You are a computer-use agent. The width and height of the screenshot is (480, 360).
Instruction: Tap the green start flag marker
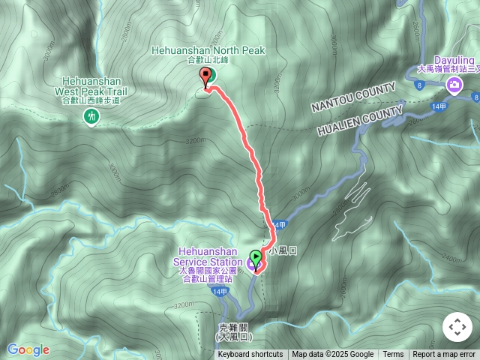[x=256, y=259]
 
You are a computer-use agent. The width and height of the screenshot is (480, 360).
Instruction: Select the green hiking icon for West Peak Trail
[x=91, y=116]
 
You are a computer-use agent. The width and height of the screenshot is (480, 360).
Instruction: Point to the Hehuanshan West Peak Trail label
[x=92, y=88]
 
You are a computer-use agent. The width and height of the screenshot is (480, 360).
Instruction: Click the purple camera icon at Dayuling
[x=454, y=85]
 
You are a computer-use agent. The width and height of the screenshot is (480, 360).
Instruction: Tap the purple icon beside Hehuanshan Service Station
[x=250, y=263]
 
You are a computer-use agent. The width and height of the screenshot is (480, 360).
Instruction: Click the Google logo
[x=28, y=349]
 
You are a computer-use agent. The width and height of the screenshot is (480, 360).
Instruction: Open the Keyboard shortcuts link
[x=250, y=355]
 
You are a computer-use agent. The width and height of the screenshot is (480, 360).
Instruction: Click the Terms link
[x=393, y=355]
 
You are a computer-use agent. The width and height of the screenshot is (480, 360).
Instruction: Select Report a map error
[x=445, y=355]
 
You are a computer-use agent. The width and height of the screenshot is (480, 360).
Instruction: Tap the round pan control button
[x=457, y=328]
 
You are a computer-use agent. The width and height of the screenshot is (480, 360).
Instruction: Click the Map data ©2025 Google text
[x=333, y=355]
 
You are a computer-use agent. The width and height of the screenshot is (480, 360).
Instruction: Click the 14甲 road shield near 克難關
[x=219, y=291]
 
